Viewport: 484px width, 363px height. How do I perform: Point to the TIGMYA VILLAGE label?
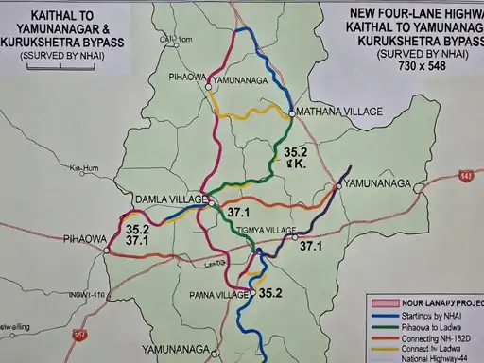tap(261, 230)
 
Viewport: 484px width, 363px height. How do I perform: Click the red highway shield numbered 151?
tap(83, 335)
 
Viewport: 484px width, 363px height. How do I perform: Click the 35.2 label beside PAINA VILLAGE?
tap(270, 293)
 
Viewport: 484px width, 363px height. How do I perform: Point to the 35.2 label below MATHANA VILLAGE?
tap(295, 151)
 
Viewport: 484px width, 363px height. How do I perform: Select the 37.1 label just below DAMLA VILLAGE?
tap(238, 213)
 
